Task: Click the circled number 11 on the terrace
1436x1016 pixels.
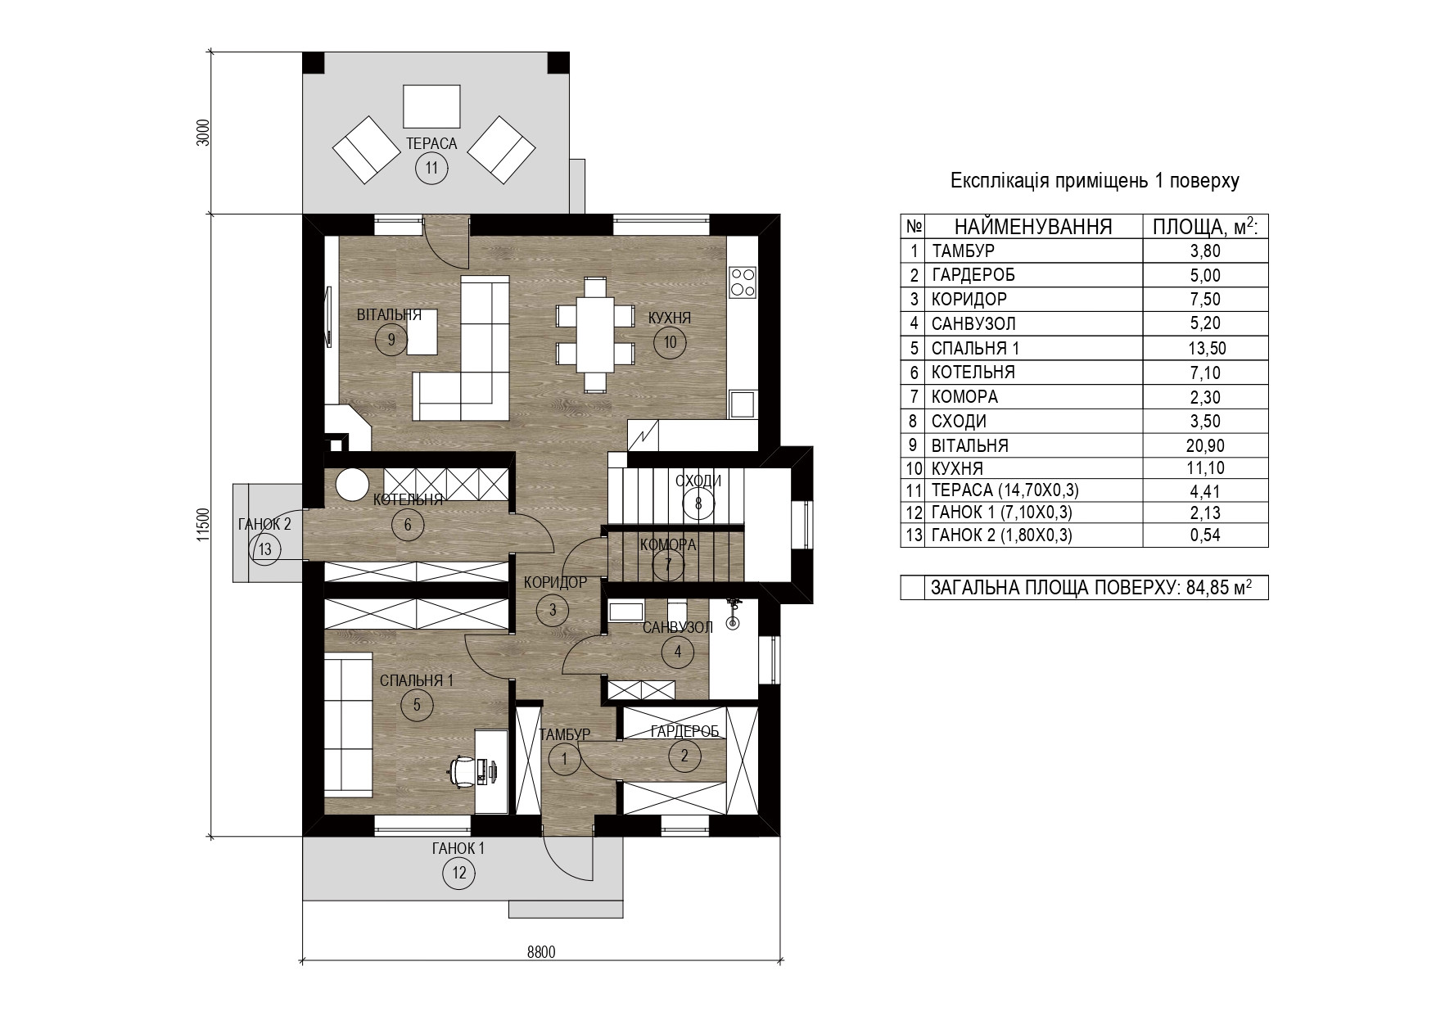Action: point(431,169)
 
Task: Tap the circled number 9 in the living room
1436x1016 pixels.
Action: point(391,339)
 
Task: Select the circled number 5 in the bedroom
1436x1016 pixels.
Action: point(417,704)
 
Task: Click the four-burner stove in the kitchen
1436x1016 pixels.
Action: point(742,281)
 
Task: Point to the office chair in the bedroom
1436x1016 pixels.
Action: point(463,770)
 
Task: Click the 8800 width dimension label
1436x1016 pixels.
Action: point(541,952)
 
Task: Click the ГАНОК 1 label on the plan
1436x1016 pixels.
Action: point(458,849)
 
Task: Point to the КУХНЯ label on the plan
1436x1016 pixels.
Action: point(670,318)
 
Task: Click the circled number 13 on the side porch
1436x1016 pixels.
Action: point(264,549)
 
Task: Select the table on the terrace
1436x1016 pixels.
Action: point(431,107)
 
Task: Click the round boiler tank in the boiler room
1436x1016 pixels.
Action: point(354,484)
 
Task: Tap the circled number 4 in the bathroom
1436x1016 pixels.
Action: point(677,652)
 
